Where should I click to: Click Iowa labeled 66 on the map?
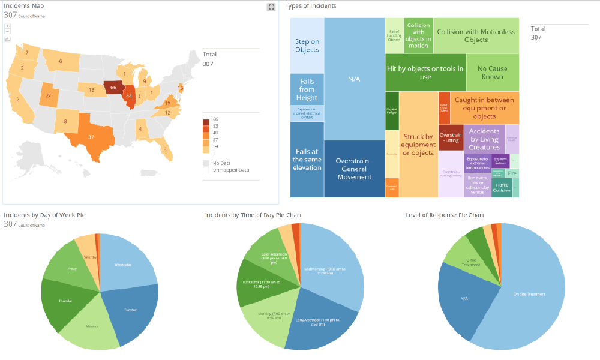click(x=113, y=88)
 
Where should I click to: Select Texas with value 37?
click(x=92, y=137)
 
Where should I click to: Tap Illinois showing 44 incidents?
click(x=128, y=97)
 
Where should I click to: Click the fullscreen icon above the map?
click(x=271, y=7)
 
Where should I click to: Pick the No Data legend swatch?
click(x=206, y=163)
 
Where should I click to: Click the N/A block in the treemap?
click(x=354, y=79)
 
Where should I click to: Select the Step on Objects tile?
click(x=307, y=46)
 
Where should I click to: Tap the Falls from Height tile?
click(x=307, y=89)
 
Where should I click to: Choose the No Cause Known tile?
click(x=493, y=73)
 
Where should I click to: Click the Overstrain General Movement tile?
click(x=354, y=169)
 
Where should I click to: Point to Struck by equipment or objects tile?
click(x=418, y=144)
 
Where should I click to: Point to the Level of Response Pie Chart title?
click(x=445, y=215)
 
